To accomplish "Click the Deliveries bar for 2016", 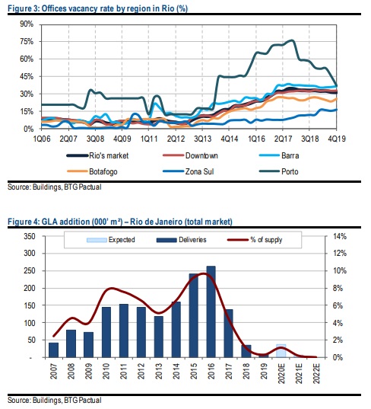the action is pos(211,312).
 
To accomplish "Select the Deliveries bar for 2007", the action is pos(54,350).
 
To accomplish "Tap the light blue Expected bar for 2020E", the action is pos(281,351).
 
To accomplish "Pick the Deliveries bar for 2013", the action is pos(159,337).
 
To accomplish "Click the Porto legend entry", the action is pos(279,171).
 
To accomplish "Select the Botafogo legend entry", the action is pos(92,171).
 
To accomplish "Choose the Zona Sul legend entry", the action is pos(189,171).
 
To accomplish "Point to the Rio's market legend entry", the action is pos(97,155).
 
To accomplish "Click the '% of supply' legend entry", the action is pos(255,240).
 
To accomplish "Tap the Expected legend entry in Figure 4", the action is pos(111,240).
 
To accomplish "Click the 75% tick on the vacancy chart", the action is pos(27,41).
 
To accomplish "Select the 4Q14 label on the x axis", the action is pos(230,139).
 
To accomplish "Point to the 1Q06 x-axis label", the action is pos(42,139).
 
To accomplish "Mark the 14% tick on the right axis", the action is pos(340,236).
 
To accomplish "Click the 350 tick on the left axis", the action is pos(30,236).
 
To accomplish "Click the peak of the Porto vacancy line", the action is pos(292,40).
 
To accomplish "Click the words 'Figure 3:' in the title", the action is pos(24,8).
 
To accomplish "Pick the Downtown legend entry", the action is pos(190,155).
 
